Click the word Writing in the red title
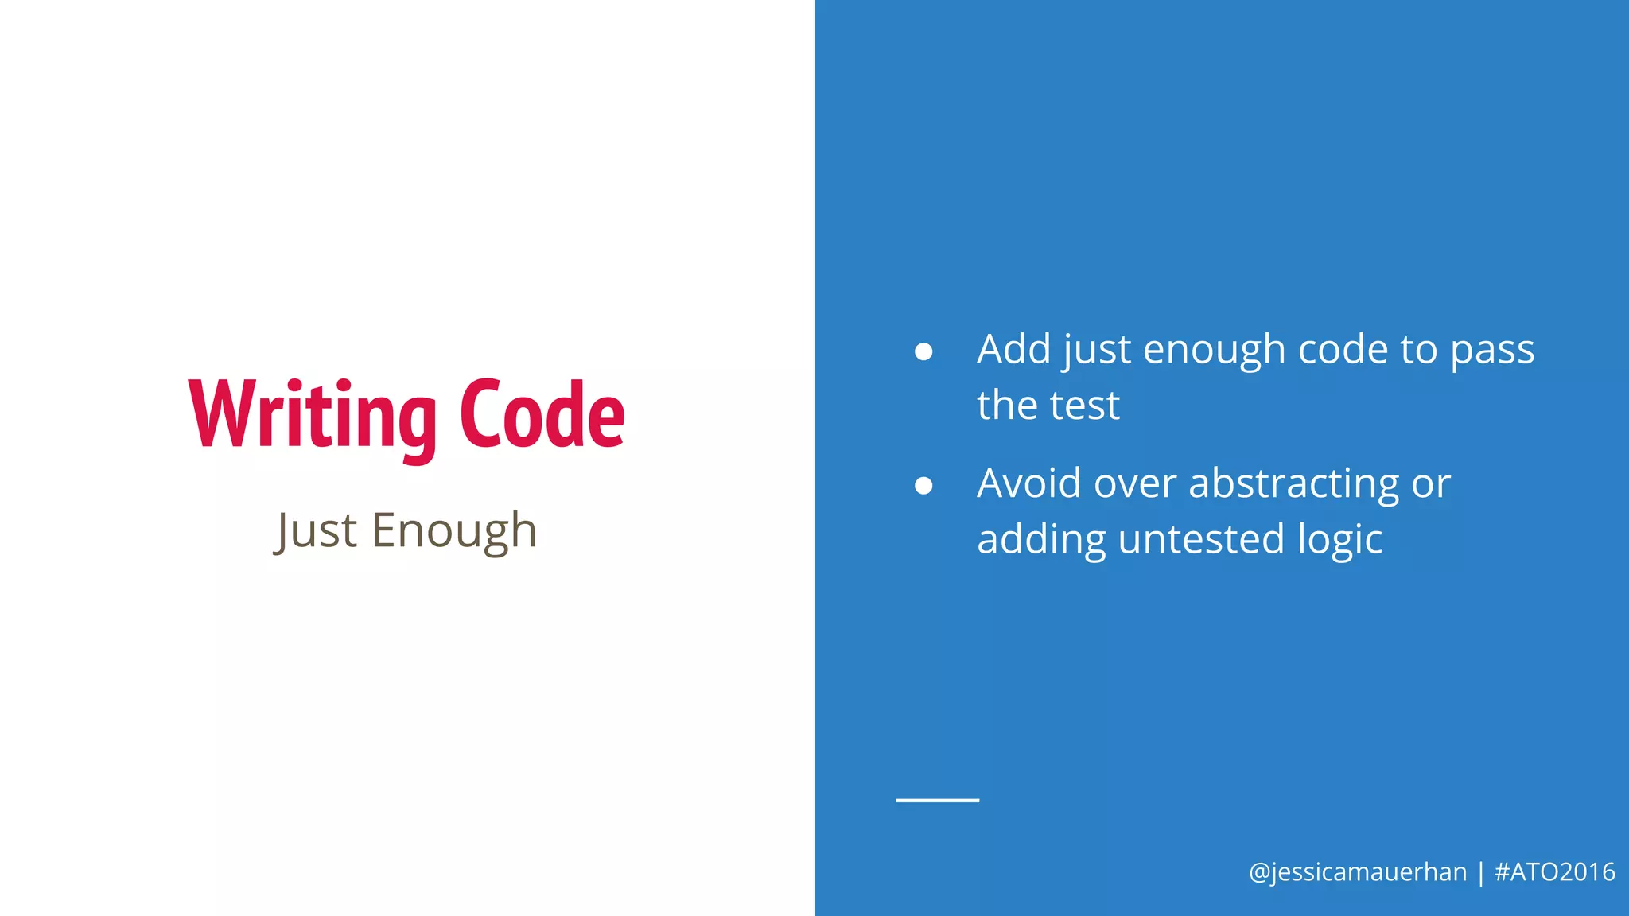pos(313,415)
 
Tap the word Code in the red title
pos(542,415)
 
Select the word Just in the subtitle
pos(316,530)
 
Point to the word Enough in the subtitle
pos(454,530)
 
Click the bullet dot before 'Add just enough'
pos(923,351)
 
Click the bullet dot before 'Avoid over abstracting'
pos(923,485)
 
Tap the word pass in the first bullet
pos(1492,351)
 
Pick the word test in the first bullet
pos(1085,406)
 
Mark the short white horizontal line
pos(937,800)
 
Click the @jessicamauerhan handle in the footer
pos(1357,872)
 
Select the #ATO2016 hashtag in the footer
pos(1554,872)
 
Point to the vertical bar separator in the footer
pos(1480,872)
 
